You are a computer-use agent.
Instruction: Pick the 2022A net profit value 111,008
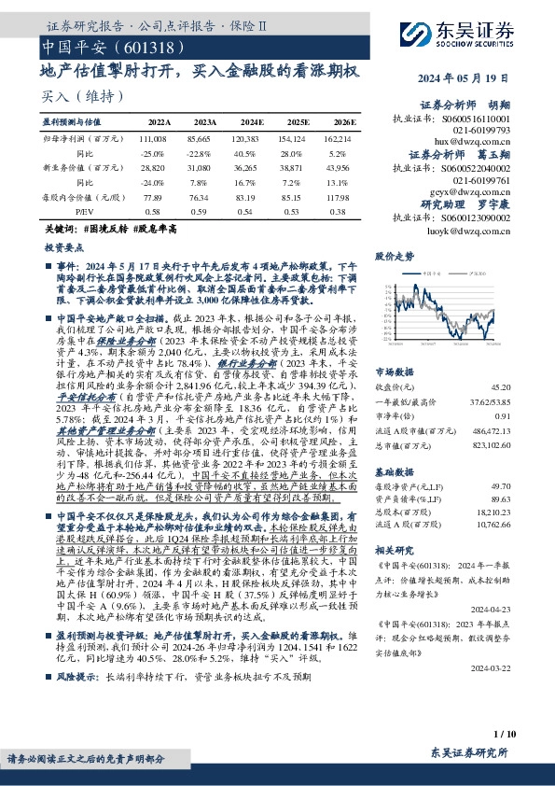point(158,136)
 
